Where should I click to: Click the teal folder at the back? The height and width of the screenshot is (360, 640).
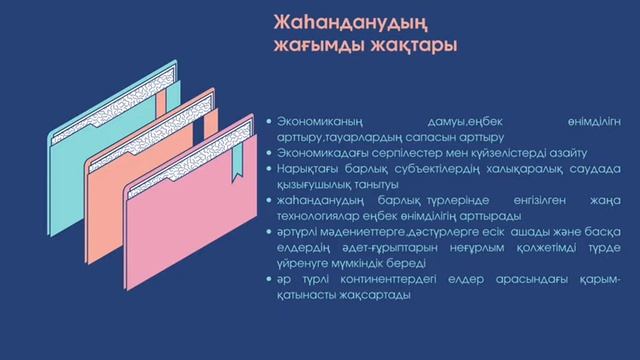[70, 150]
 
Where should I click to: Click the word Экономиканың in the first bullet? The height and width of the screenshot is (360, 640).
[320, 120]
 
